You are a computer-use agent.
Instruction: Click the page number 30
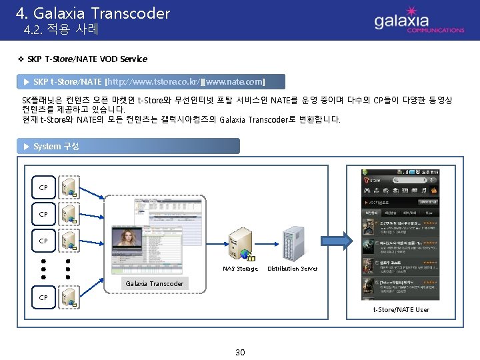click(240, 352)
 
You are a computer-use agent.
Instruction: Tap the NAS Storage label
click(240, 269)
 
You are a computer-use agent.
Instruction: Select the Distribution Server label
click(293, 269)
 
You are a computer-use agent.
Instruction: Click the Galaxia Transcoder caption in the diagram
click(155, 283)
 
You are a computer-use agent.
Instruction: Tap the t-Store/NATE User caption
click(401, 309)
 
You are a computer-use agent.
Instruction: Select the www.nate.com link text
click(235, 81)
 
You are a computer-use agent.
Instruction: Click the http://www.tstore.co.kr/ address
click(153, 81)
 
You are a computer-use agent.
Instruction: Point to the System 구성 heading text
click(56, 146)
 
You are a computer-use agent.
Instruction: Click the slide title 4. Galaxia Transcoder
click(93, 13)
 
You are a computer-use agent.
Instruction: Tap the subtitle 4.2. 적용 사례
click(61, 30)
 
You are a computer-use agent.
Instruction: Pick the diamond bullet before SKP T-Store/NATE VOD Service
click(20, 59)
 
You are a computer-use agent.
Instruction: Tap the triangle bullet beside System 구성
click(26, 146)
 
